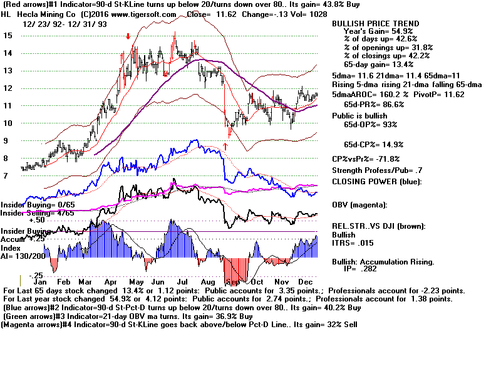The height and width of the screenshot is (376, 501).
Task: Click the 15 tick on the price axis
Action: click(8, 36)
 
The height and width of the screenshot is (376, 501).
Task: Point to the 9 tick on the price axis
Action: click(6, 141)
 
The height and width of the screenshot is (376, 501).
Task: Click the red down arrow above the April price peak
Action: click(128, 36)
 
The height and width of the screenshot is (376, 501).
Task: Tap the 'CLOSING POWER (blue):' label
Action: click(376, 182)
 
